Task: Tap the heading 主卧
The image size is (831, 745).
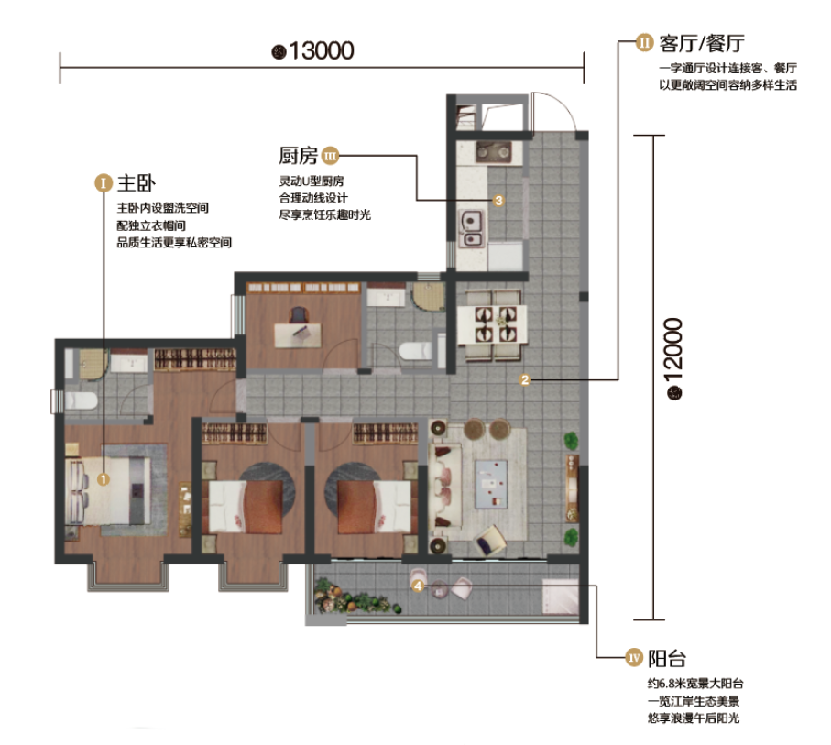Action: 137,183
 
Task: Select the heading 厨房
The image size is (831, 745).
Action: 299,156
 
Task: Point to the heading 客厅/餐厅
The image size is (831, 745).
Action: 702,43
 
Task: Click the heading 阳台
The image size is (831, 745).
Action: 667,659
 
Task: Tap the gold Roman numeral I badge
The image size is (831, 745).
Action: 104,183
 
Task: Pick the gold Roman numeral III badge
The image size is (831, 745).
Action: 330,156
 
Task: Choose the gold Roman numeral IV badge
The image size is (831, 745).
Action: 634,658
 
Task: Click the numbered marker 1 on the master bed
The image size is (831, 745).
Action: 104,479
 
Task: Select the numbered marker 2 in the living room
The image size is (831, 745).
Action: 525,379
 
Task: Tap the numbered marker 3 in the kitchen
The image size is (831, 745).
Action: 498,201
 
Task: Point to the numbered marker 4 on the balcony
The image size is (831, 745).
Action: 418,586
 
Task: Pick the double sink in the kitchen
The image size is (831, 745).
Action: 471,229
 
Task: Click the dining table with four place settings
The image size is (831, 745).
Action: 492,324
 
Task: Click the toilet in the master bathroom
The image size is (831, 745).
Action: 81,400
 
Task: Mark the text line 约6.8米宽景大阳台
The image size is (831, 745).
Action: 695,684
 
